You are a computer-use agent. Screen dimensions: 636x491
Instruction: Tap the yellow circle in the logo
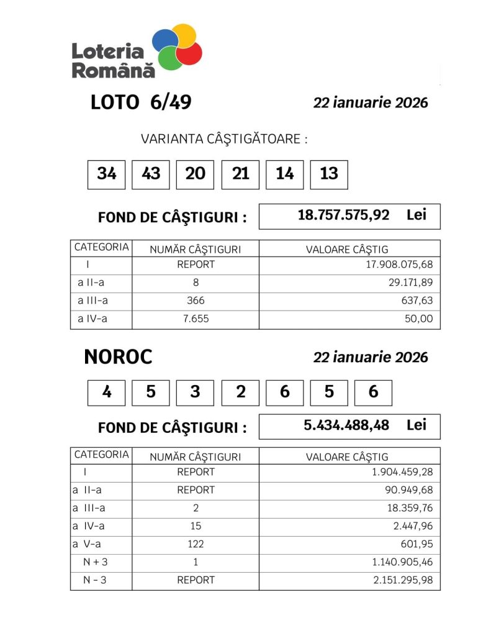[184, 35]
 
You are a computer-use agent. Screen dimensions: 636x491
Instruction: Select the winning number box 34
[107, 174]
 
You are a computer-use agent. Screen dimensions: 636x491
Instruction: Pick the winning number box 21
[240, 174]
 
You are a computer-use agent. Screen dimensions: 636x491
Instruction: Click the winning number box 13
[329, 174]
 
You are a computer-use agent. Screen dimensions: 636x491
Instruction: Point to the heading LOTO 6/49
[141, 102]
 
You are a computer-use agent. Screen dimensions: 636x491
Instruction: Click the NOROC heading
[118, 357]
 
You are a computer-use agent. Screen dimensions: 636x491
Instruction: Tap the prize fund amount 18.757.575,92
[343, 216]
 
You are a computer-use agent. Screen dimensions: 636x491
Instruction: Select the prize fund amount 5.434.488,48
[346, 425]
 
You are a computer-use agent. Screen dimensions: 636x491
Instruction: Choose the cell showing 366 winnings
[196, 301]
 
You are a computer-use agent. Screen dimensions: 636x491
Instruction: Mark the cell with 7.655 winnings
[196, 319]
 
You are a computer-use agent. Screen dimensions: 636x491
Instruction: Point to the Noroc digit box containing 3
[196, 393]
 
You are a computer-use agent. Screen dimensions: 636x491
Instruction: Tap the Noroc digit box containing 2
[240, 393]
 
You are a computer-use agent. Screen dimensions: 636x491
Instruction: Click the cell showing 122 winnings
[196, 544]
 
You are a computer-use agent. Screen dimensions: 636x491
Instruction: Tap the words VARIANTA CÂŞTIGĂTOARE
[224, 139]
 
